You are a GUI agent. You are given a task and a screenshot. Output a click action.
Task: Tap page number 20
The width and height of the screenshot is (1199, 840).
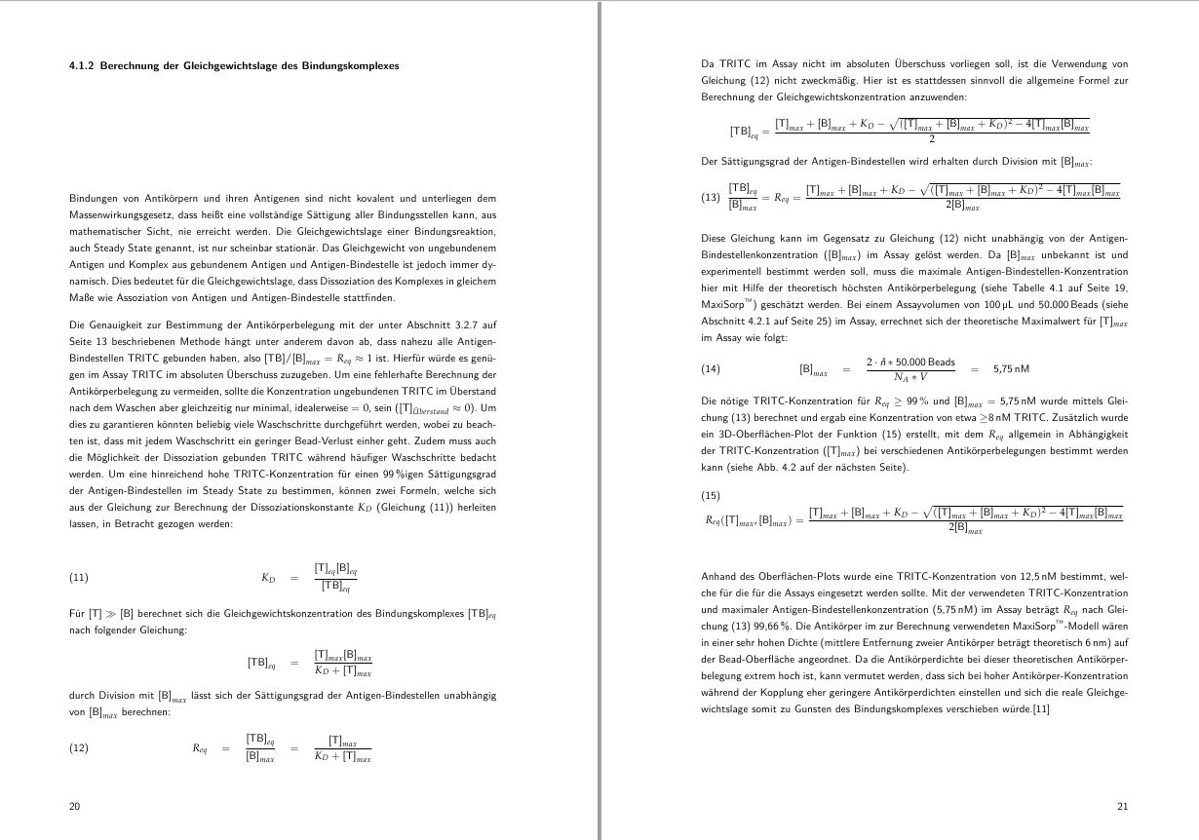[74, 806]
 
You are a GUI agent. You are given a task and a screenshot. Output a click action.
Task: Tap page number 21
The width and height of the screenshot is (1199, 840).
[1122, 806]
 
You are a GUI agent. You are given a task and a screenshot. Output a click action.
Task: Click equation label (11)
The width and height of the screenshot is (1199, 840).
[79, 578]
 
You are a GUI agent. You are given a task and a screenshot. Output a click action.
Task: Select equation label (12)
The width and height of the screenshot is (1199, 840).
[79, 748]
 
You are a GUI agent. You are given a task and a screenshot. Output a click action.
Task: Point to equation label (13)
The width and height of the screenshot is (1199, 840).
[711, 197]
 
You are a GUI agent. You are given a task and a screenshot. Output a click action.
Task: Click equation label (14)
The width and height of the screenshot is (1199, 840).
[711, 369]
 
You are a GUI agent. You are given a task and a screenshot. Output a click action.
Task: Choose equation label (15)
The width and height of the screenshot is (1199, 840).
[711, 495]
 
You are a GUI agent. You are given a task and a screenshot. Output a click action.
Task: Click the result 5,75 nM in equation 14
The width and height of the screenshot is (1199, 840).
[1011, 369]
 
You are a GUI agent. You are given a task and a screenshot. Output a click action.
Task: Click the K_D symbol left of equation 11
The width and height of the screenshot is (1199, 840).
[268, 578]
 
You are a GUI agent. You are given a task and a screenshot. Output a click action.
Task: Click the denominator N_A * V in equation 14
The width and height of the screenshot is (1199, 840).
[909, 377]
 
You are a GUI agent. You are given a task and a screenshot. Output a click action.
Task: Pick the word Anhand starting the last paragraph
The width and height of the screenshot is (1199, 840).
[718, 576]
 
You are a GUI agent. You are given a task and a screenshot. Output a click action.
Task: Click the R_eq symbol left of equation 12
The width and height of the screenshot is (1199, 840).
[200, 748]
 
